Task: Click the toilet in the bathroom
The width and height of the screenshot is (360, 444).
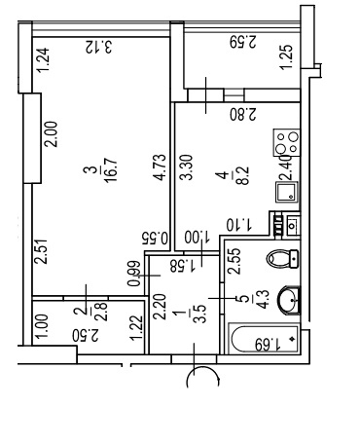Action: pos(282,259)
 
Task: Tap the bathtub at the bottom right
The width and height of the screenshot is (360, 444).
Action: pos(264,339)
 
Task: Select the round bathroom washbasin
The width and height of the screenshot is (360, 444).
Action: pos(289,300)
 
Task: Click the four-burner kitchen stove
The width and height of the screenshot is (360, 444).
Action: pos(287,142)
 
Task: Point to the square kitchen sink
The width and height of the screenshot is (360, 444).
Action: pos(287,192)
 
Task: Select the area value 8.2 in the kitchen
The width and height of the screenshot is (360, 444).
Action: pos(243,175)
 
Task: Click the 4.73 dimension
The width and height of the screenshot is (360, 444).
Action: pos(160,166)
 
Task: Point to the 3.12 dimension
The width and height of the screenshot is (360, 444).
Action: pos(99,47)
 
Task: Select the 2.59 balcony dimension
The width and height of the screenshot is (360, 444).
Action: pos(243,42)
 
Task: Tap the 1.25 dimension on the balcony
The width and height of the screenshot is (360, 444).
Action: pos(287,56)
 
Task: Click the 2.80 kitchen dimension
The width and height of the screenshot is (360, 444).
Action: pos(243,114)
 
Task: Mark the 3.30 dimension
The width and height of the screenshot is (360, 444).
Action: pos(187,167)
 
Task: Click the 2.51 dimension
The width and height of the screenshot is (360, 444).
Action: pos(41,251)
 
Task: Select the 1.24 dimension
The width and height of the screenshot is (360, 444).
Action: pos(43,60)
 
